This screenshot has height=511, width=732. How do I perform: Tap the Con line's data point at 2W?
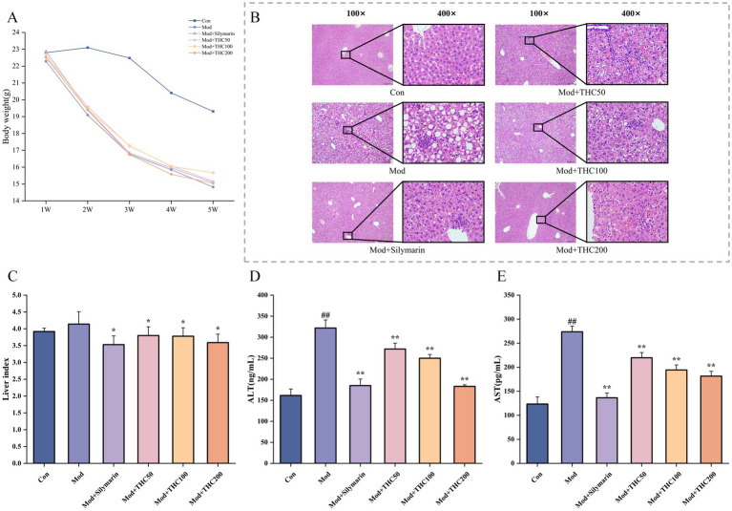click(88, 48)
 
